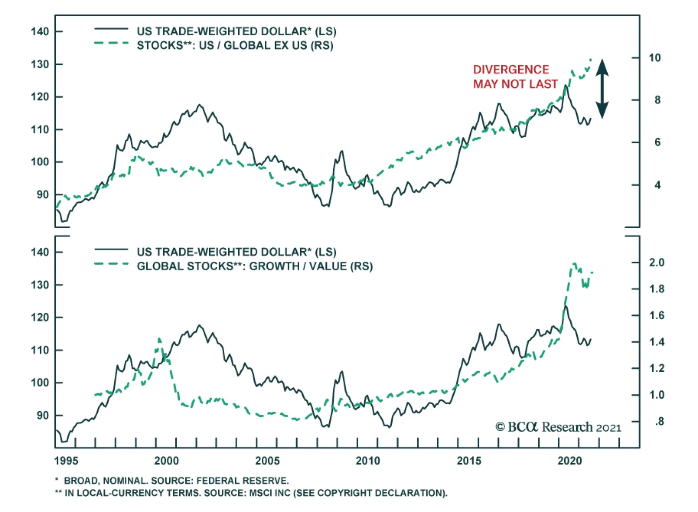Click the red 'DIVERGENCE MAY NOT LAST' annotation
click(515, 77)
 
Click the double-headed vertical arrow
click(602, 89)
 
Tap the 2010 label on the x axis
click(368, 461)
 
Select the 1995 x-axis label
click(66, 461)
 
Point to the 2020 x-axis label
click(569, 461)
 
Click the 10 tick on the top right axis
click(654, 58)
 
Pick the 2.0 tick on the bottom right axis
click(657, 262)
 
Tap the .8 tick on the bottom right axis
click(659, 421)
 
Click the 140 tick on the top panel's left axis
click(40, 31)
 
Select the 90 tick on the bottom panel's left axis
click(42, 415)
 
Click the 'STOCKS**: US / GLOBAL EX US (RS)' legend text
click(235, 45)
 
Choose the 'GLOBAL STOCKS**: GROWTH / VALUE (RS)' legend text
click(255, 266)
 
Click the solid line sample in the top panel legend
click(111, 29)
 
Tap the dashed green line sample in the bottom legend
click(111, 264)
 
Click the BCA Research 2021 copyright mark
click(558, 427)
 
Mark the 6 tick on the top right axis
click(657, 142)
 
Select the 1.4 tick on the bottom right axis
click(657, 342)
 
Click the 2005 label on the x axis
click(267, 461)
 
